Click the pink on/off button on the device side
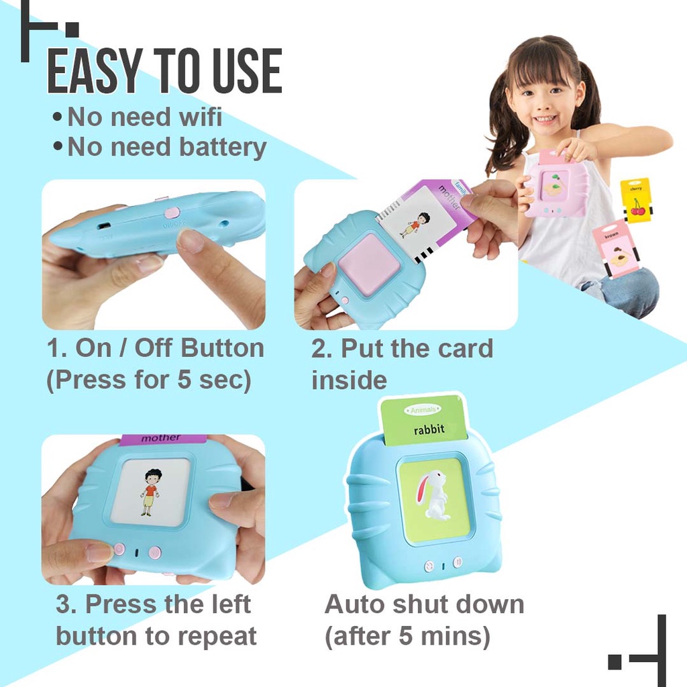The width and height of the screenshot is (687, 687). [x=172, y=213]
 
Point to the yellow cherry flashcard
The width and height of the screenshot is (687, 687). [x=635, y=200]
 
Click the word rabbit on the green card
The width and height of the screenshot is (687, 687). [x=429, y=430]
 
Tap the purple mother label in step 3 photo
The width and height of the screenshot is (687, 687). [x=161, y=439]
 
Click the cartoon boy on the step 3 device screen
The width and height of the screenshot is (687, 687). [x=151, y=492]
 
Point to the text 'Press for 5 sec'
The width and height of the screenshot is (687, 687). [x=148, y=380]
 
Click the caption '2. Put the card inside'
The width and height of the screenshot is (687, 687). [x=401, y=364]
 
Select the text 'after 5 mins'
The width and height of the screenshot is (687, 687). [x=407, y=636]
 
